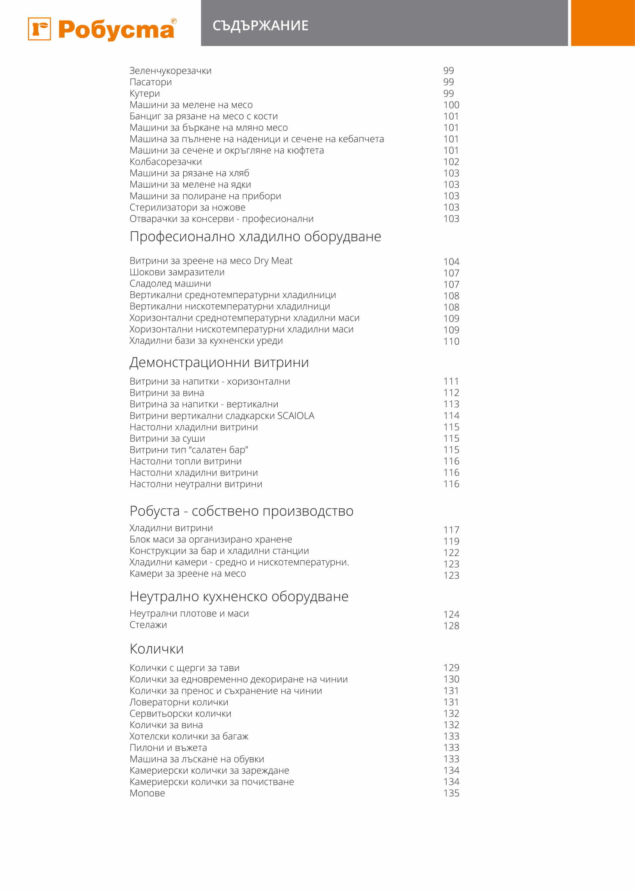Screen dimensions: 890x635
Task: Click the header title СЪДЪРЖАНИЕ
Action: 260,26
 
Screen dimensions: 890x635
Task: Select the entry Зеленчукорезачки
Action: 170,71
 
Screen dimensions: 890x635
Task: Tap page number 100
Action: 451,105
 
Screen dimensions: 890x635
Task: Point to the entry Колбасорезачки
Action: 165,162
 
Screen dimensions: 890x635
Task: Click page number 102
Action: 451,162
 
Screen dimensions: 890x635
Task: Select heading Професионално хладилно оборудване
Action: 255,237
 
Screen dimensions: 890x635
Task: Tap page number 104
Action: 451,262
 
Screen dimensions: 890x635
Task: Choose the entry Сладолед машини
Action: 170,283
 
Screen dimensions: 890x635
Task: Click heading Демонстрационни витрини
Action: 219,363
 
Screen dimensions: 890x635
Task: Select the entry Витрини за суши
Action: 167,438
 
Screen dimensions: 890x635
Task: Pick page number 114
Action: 451,416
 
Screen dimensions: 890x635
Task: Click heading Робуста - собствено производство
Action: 241,511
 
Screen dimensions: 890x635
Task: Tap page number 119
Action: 451,542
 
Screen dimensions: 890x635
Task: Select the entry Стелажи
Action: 148,625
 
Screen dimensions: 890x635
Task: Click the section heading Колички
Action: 156,649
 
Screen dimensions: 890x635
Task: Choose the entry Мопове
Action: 147,793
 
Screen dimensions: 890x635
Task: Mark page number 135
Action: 451,793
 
